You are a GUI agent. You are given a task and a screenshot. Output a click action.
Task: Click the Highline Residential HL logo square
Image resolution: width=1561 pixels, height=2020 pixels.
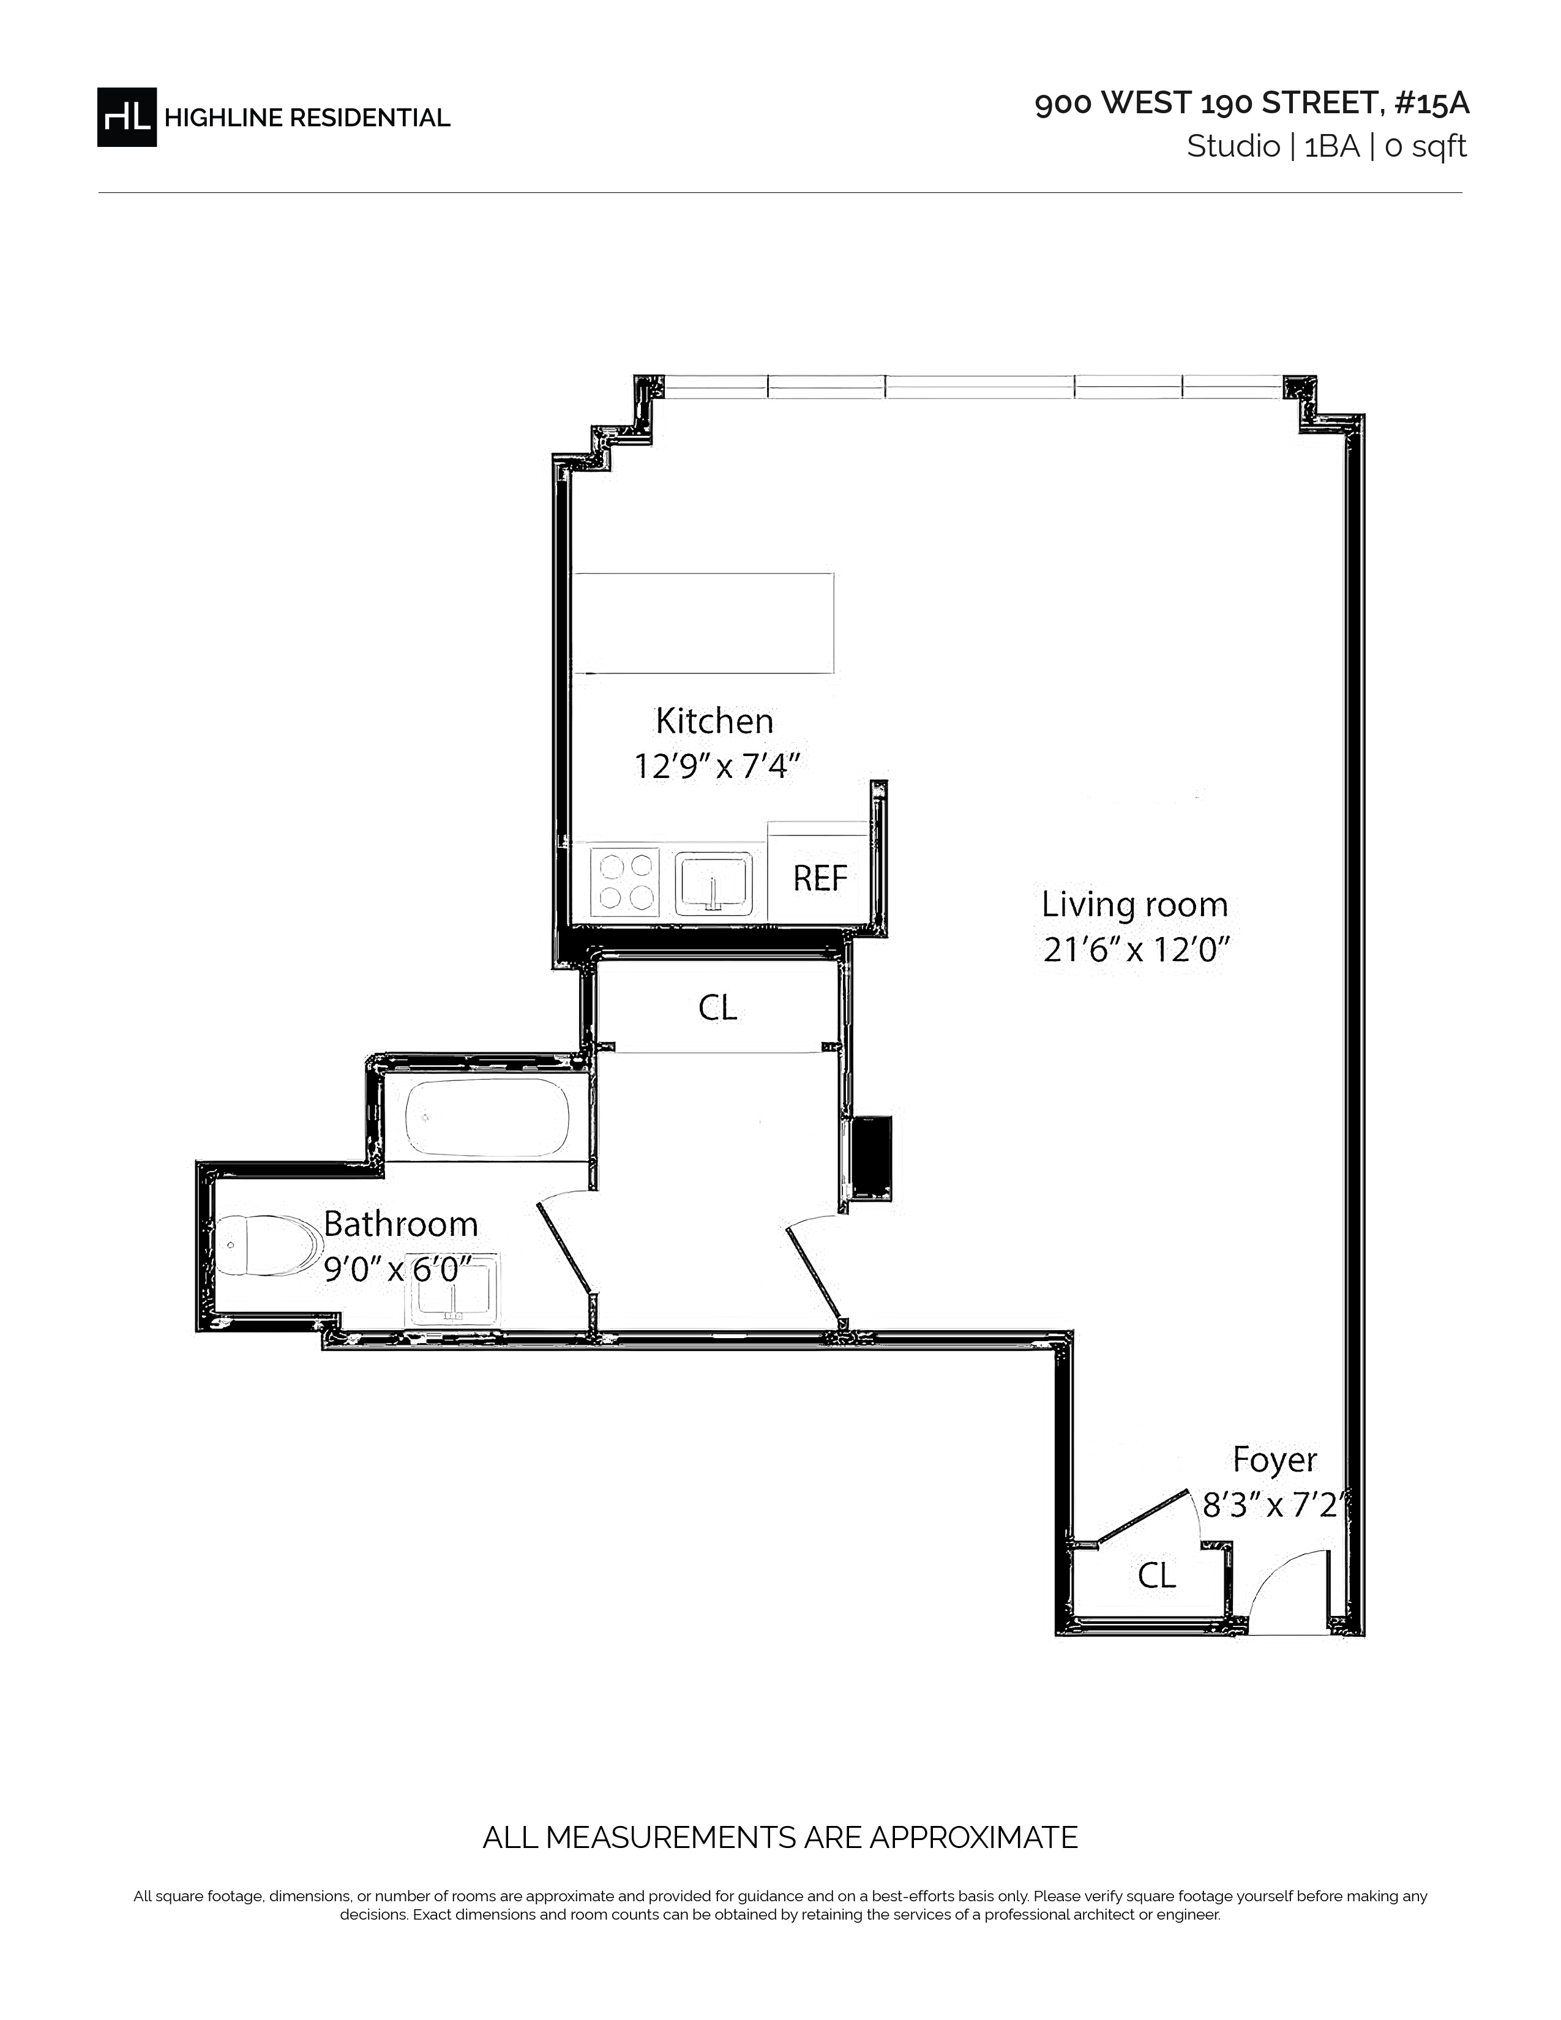point(127,116)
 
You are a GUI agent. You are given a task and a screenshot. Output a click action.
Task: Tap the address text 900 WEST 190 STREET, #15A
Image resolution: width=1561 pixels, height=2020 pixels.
point(1251,103)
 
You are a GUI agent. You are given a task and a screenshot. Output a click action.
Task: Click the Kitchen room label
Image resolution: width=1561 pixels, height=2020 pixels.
point(714,720)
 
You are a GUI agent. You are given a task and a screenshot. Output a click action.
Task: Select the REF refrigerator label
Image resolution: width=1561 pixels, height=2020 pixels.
point(819,878)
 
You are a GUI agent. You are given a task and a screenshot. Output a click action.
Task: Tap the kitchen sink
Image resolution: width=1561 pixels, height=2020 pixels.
point(713,882)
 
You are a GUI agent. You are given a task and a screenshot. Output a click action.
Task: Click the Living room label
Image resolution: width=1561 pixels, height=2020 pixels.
point(1135,905)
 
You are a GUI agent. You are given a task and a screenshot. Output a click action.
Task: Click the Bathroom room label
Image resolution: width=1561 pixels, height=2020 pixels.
point(400,1225)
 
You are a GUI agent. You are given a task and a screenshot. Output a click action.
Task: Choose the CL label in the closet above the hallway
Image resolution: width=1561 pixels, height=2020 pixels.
point(717,1008)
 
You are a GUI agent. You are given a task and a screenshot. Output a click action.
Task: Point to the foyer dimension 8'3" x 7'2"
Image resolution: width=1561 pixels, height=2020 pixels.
point(1271,1506)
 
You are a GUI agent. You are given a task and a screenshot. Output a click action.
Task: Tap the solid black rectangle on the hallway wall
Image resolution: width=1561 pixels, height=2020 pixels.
point(870,1159)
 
